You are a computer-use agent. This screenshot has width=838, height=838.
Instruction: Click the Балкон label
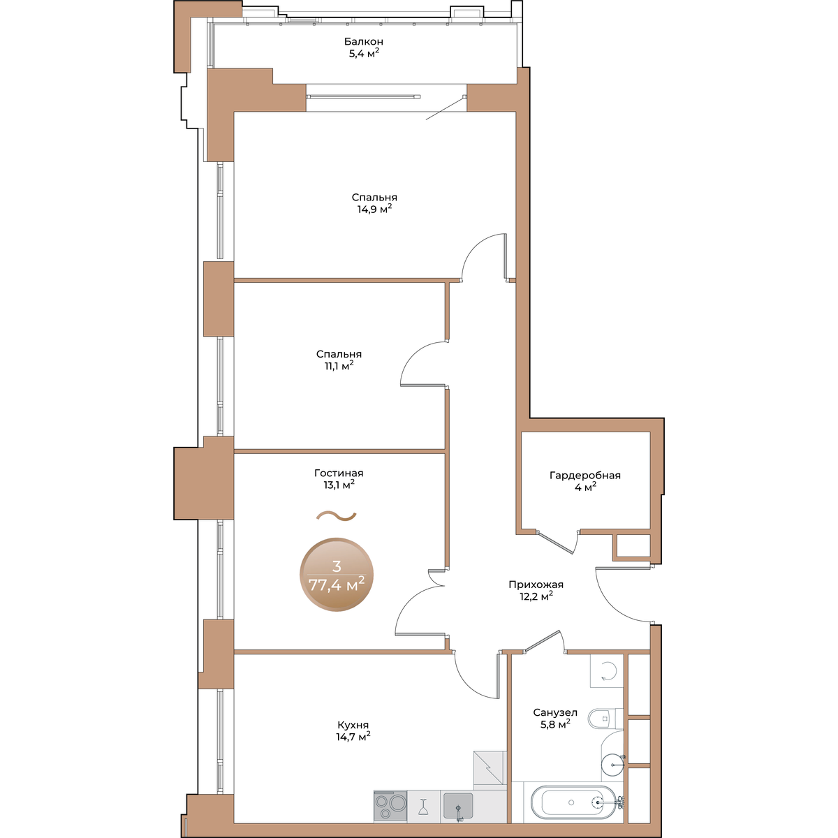coord(364,42)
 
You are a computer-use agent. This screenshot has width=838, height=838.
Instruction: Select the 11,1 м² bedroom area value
coord(339,366)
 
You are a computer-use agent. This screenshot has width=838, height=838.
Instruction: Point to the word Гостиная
coord(339,473)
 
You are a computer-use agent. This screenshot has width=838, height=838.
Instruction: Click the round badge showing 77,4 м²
coord(336,575)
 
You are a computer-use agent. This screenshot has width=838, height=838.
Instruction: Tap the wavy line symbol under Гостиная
coord(336,516)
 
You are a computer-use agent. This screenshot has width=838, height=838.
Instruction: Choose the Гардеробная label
coord(585,476)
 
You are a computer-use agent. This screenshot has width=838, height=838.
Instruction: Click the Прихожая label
coord(536,585)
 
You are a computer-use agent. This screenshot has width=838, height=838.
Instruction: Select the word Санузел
coord(555,712)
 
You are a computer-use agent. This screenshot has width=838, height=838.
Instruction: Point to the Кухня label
coord(353,725)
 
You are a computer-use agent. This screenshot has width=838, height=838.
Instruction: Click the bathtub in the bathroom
coord(573,802)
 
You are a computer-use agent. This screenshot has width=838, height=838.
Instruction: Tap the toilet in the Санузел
coord(605,718)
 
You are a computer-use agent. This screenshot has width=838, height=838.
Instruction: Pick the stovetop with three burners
coord(390,807)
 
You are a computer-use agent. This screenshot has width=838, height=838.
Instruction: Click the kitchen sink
coord(458,805)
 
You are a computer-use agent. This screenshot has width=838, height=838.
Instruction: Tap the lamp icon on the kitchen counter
coord(423,807)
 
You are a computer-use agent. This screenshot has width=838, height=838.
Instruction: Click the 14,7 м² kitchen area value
coord(353,736)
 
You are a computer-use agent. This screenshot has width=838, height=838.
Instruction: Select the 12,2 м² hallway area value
coord(536,596)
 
